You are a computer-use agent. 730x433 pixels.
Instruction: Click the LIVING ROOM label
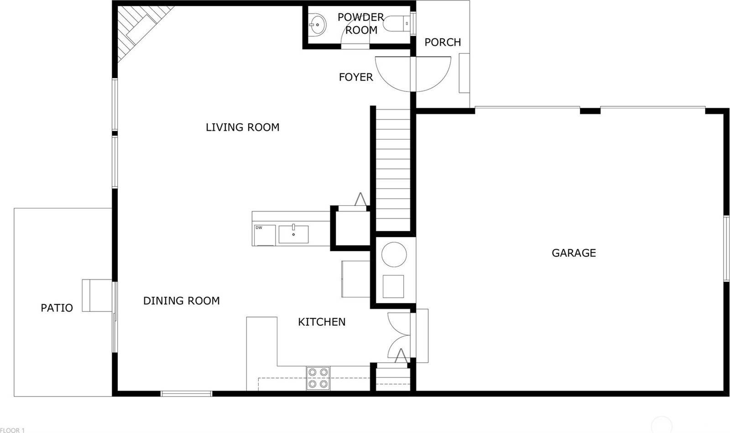(x=242, y=127)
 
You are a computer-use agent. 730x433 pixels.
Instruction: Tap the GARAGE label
(x=574, y=253)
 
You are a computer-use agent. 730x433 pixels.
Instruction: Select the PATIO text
(x=57, y=308)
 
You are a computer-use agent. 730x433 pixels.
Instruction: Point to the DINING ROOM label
(x=181, y=301)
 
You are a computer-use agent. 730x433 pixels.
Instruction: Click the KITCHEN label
(x=321, y=322)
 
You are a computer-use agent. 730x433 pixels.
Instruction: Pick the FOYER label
(x=355, y=78)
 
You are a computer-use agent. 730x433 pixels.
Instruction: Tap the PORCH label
(x=442, y=42)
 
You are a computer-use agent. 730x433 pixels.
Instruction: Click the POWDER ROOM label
(x=360, y=24)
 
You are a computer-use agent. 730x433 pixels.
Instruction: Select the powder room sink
(x=318, y=24)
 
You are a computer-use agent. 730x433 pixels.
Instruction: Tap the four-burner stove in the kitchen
(x=318, y=378)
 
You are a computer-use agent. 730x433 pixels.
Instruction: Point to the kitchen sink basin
(x=293, y=235)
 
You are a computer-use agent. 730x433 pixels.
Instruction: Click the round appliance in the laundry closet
(x=394, y=255)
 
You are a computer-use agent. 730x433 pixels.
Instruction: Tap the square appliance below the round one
(x=393, y=287)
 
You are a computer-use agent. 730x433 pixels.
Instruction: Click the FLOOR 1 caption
(x=12, y=430)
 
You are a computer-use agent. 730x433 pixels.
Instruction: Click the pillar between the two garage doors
(x=589, y=110)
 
